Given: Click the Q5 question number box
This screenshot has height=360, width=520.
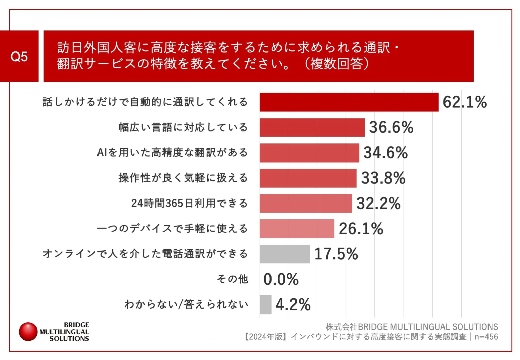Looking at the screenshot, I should [x=19, y=56].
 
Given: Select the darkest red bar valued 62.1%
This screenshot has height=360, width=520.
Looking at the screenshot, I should [x=349, y=102].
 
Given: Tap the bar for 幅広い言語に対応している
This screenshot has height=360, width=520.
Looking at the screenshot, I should [x=312, y=128].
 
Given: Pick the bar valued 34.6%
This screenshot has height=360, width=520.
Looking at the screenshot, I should [x=309, y=153].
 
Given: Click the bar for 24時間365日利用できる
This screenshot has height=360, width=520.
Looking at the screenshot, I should [x=305, y=204].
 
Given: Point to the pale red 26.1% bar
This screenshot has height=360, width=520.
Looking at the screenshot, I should [x=297, y=229].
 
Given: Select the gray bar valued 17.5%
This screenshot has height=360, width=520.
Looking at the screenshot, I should [x=284, y=254].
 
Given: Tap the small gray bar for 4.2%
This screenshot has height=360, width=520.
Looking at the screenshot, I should [x=265, y=305].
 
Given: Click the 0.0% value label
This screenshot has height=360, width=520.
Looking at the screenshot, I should [x=281, y=279].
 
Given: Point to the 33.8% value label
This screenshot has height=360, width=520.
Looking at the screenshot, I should [x=383, y=178].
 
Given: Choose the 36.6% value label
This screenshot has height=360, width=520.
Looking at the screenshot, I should [x=391, y=128].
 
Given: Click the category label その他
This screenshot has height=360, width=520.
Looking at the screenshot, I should [x=233, y=279].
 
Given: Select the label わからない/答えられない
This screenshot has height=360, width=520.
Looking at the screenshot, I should [x=186, y=304].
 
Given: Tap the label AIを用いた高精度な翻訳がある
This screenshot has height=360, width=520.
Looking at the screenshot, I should [x=172, y=153].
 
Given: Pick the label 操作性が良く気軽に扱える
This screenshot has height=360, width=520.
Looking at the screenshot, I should [x=183, y=178].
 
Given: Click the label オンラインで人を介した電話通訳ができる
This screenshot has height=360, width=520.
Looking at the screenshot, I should [x=145, y=254].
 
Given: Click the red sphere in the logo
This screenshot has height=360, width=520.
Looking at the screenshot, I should [x=28, y=332].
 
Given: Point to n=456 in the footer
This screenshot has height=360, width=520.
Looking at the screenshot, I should [x=486, y=337].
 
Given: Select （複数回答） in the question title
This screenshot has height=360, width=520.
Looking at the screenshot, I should [x=337, y=63].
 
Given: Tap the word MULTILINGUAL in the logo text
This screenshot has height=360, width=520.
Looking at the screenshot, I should [x=64, y=332].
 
